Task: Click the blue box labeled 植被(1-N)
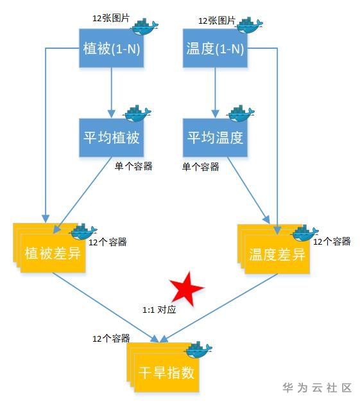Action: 111,48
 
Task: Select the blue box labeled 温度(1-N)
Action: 215,48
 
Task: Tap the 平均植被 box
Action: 111,137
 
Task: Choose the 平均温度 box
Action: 215,137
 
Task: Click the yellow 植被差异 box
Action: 53,253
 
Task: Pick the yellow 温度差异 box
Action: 277,254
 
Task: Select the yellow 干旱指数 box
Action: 167,373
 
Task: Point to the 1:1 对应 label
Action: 159,310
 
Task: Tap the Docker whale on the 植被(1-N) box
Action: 145,27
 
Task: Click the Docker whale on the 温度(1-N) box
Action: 249,25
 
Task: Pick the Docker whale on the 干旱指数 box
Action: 199,349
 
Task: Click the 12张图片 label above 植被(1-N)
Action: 111,18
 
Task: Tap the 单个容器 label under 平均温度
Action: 201,167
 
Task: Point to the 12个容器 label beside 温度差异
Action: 332,242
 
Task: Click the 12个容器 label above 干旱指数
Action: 111,338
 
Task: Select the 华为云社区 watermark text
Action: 317,387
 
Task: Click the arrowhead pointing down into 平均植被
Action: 111,114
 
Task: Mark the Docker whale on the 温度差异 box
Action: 305,233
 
